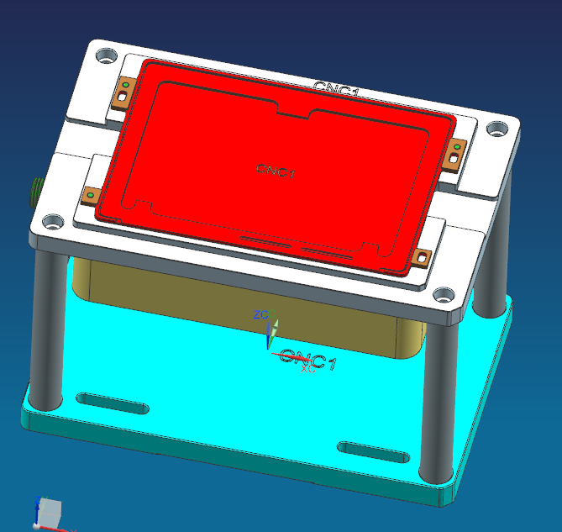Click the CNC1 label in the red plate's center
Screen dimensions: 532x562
(x=276, y=171)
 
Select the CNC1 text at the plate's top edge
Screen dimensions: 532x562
(x=336, y=88)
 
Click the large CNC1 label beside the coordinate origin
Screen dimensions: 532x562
(x=309, y=362)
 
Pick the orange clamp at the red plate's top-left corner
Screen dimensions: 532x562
(x=123, y=93)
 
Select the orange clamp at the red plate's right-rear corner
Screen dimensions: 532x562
(x=454, y=154)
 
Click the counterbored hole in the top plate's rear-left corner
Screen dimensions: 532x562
(x=106, y=57)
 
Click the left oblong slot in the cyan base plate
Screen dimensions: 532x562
(x=113, y=403)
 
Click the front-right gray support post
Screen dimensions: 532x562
(x=435, y=403)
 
